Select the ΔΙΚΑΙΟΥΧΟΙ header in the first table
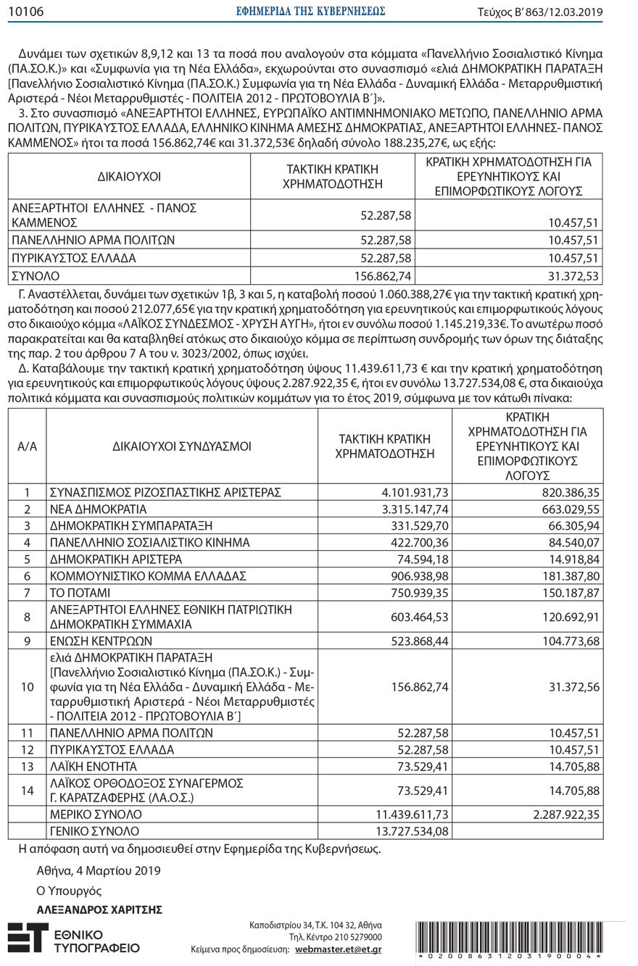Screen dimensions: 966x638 tap(129, 176)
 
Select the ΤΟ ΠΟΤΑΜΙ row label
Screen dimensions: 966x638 tap(82, 592)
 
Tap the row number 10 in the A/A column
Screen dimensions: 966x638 tap(27, 686)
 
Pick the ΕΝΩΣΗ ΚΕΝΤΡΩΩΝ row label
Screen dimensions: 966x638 tap(99, 642)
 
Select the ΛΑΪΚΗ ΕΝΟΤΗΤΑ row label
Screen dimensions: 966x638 tap(94, 765)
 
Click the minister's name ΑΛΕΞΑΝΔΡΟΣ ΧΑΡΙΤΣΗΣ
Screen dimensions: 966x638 tap(99, 909)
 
